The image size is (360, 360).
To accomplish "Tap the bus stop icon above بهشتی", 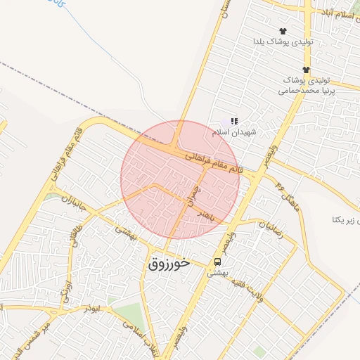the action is click(x=217, y=261).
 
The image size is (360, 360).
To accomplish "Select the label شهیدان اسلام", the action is click(x=235, y=131).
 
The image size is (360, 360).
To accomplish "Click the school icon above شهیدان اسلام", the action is click(x=234, y=122).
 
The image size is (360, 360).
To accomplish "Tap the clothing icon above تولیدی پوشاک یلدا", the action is click(x=283, y=31).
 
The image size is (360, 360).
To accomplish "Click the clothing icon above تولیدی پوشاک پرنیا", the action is click(x=306, y=70).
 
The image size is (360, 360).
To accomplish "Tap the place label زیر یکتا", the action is click(x=347, y=220).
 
